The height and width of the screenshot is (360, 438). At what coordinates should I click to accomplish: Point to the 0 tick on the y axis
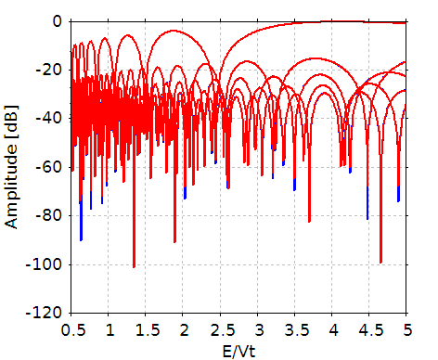click(x=58, y=21)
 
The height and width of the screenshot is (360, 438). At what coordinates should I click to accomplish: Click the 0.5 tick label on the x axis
click(x=71, y=329)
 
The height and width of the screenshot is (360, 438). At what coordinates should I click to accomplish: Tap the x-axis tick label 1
click(x=109, y=329)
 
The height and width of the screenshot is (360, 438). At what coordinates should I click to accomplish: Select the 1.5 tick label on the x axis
click(x=147, y=329)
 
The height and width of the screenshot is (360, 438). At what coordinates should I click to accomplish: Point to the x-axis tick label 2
click(x=184, y=329)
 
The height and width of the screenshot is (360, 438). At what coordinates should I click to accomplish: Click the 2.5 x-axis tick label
click(x=221, y=329)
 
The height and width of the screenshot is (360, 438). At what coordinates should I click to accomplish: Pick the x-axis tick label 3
click(x=258, y=329)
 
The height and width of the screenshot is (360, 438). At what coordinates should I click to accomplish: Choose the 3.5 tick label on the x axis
click(x=295, y=329)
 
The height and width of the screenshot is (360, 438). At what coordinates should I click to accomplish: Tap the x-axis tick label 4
click(x=332, y=329)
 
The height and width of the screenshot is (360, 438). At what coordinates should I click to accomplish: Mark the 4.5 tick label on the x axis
click(x=369, y=329)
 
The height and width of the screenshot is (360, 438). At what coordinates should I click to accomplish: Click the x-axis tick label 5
click(x=406, y=329)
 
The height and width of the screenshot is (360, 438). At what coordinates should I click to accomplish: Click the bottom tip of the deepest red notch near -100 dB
click(x=134, y=267)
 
